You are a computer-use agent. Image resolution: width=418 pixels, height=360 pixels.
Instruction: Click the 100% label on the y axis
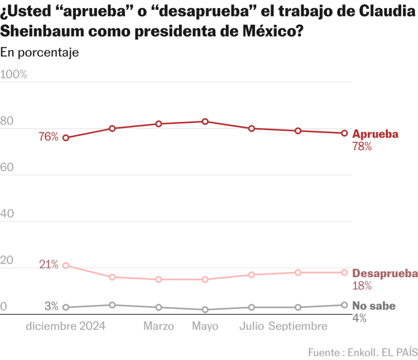point(14,75)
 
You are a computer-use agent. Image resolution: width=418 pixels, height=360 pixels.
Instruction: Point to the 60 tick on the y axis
point(7,167)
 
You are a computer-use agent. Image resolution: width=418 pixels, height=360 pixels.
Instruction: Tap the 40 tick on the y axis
point(7,214)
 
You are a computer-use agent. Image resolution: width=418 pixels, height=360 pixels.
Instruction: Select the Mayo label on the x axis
point(205,327)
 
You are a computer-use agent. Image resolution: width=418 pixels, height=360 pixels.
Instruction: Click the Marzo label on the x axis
point(159,327)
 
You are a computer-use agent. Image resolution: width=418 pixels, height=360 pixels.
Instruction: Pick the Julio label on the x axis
point(251,327)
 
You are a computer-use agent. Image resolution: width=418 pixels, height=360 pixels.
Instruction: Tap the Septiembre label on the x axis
point(298,327)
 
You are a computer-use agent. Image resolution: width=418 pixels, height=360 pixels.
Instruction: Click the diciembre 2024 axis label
point(66,327)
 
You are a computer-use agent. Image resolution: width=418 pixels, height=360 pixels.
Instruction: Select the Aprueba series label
point(375,134)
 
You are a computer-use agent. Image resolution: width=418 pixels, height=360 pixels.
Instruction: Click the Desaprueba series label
point(385,273)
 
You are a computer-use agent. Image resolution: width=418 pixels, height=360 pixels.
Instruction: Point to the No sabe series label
point(374,306)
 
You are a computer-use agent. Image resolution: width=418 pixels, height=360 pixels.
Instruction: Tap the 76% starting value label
point(49,137)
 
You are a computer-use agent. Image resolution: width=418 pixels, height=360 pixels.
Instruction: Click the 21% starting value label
point(49,264)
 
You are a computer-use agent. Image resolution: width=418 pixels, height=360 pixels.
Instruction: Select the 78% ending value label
point(362,147)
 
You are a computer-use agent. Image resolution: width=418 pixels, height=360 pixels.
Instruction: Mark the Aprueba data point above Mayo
point(205,122)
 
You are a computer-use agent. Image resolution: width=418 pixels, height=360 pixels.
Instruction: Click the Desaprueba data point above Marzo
point(159,280)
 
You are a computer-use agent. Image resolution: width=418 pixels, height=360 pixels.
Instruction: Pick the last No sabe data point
point(344,305)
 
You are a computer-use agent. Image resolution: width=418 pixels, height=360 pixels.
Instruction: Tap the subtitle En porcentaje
point(40,52)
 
